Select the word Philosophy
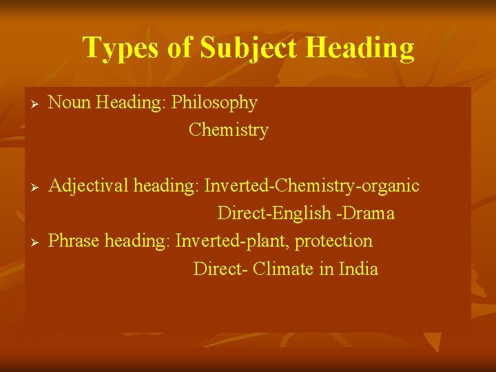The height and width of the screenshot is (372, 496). click(214, 103)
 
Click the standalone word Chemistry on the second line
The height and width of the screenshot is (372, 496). click(228, 130)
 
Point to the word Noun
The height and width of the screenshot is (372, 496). click(70, 103)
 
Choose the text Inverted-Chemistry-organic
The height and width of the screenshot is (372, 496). click(311, 186)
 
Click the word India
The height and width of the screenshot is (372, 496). click(358, 269)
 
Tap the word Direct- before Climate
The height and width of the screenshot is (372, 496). click(220, 269)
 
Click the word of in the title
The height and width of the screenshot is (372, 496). click(180, 48)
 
